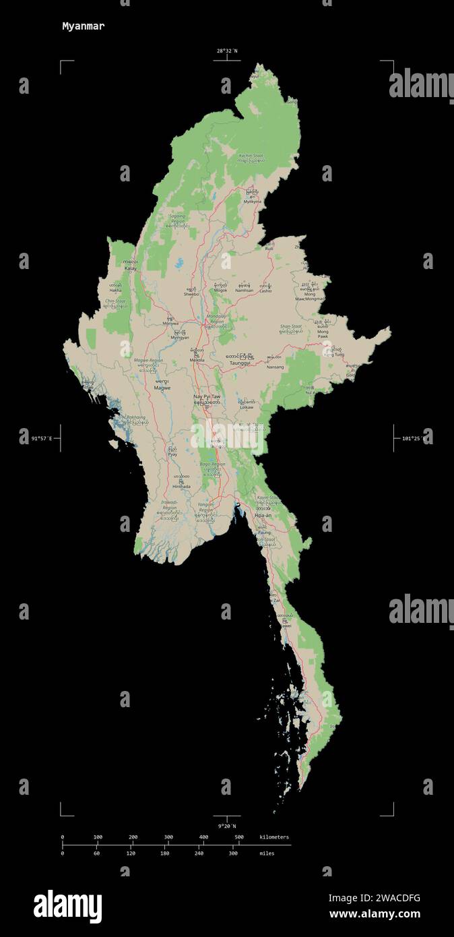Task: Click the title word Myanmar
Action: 83,26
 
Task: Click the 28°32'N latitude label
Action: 227,51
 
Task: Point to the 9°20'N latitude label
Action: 227,826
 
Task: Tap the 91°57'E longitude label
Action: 42,439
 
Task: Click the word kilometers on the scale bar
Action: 274,837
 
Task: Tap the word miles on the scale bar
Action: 266,853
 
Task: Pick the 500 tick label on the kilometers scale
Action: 238,837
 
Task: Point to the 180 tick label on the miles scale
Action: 165,853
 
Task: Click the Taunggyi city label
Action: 240,363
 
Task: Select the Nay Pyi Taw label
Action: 207,397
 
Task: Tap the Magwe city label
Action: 162,388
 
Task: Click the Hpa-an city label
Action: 263,515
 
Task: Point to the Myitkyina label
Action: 252,202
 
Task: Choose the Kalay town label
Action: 131,268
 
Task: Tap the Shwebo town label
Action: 192,295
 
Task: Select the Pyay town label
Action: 173,455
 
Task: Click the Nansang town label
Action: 275,367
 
